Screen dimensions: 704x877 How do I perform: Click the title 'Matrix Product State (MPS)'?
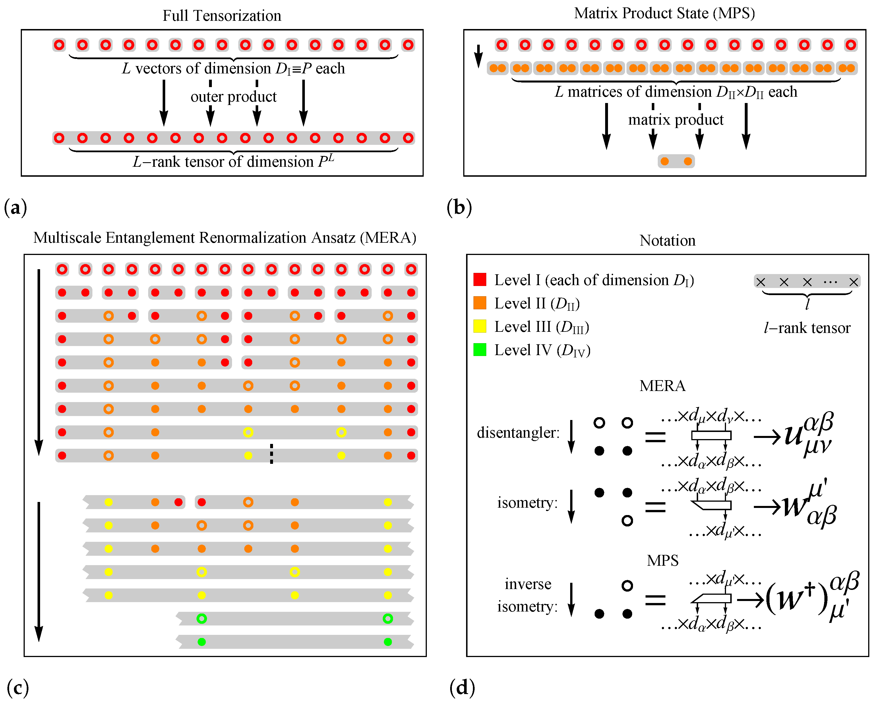point(664,13)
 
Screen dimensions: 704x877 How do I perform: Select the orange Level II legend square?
point(480,303)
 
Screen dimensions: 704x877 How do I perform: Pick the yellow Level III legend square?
point(480,326)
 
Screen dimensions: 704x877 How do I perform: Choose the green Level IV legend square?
point(480,349)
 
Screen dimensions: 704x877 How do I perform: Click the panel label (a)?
point(15,207)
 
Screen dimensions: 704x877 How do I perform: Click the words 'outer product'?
point(233,97)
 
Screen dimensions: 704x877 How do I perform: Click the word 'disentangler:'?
point(518,433)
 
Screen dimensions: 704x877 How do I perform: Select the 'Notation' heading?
point(667,240)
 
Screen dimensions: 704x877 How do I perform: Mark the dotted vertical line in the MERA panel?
point(271,454)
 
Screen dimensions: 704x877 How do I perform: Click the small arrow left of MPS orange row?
point(479,56)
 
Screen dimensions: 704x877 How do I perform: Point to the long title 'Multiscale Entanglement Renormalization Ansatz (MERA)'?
point(225,238)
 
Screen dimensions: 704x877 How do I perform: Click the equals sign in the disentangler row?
point(655,437)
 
